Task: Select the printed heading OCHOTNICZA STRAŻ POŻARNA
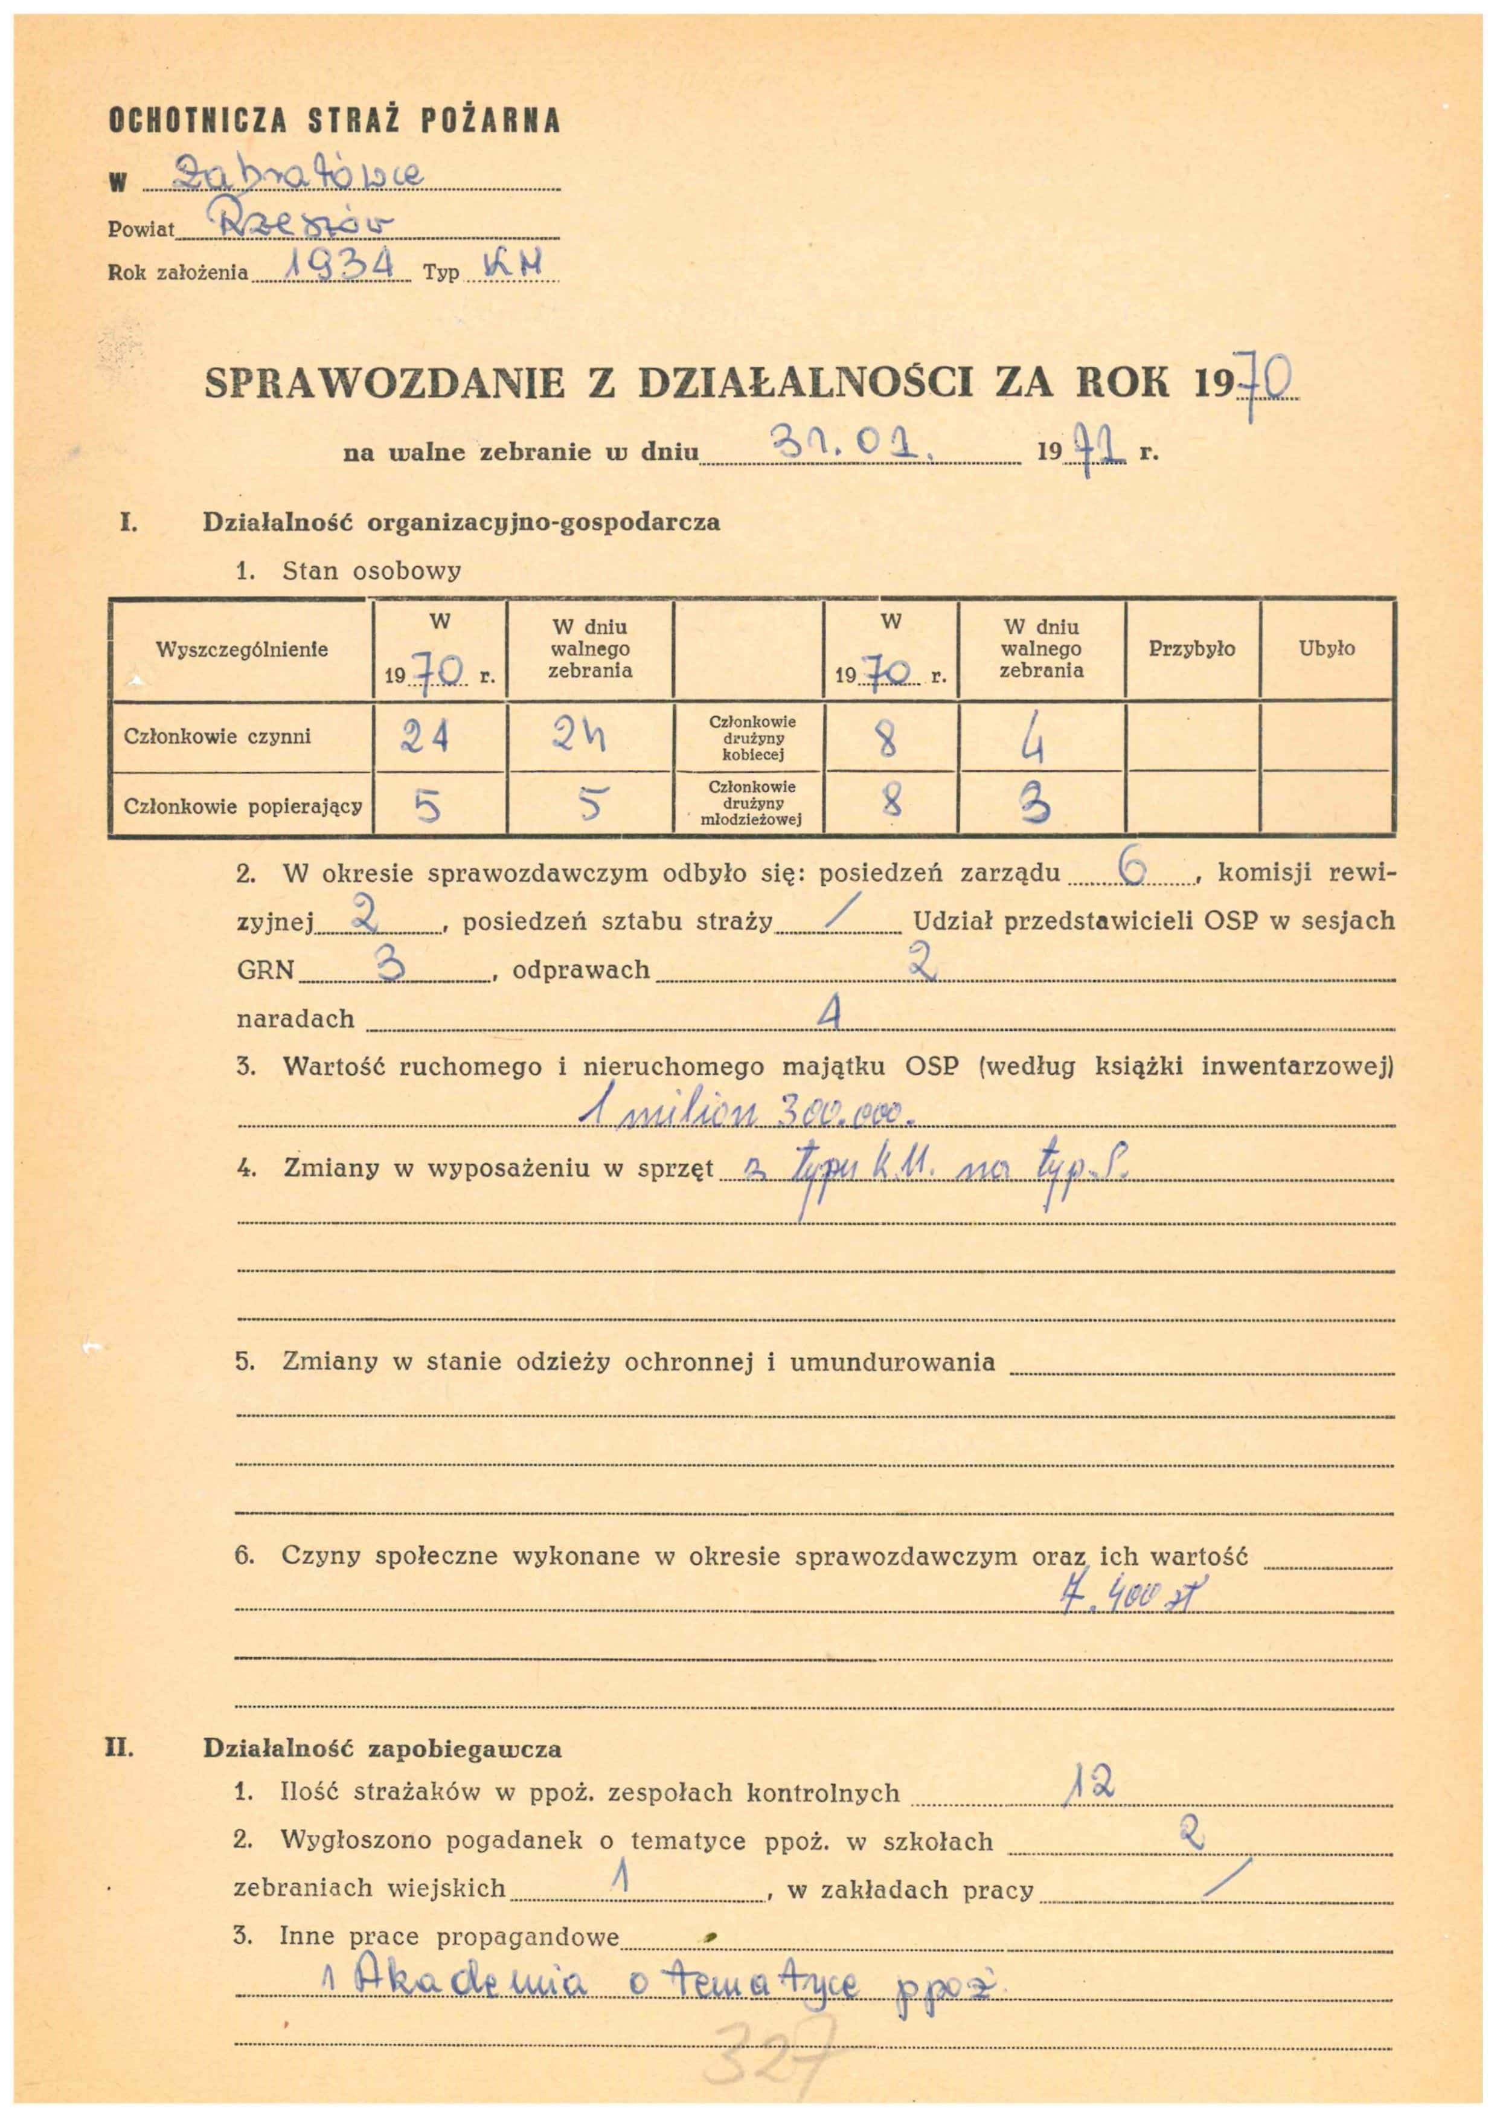pos(335,121)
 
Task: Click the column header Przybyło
pos(1192,648)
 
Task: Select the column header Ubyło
pos(1327,648)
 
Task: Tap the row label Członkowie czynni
pos(217,736)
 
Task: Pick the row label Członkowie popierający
pos(242,807)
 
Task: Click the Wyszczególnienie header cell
pos(242,649)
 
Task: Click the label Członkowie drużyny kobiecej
pos(752,738)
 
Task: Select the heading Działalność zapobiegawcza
pos(382,1748)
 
